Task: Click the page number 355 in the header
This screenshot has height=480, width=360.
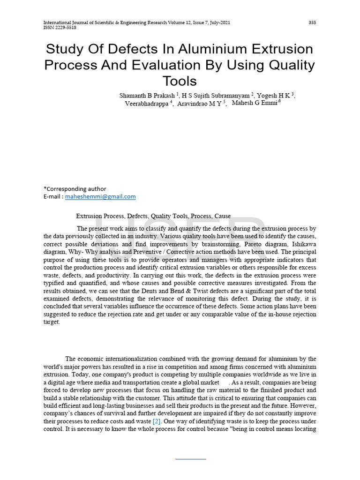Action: [x=312, y=22]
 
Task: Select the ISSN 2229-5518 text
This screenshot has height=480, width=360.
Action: [x=60, y=28]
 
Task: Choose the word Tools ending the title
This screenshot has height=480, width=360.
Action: [x=180, y=81]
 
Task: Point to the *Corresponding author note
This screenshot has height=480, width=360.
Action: [x=75, y=189]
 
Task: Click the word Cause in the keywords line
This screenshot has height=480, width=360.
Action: [x=222, y=216]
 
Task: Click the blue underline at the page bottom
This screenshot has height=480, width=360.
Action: [x=191, y=459]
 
